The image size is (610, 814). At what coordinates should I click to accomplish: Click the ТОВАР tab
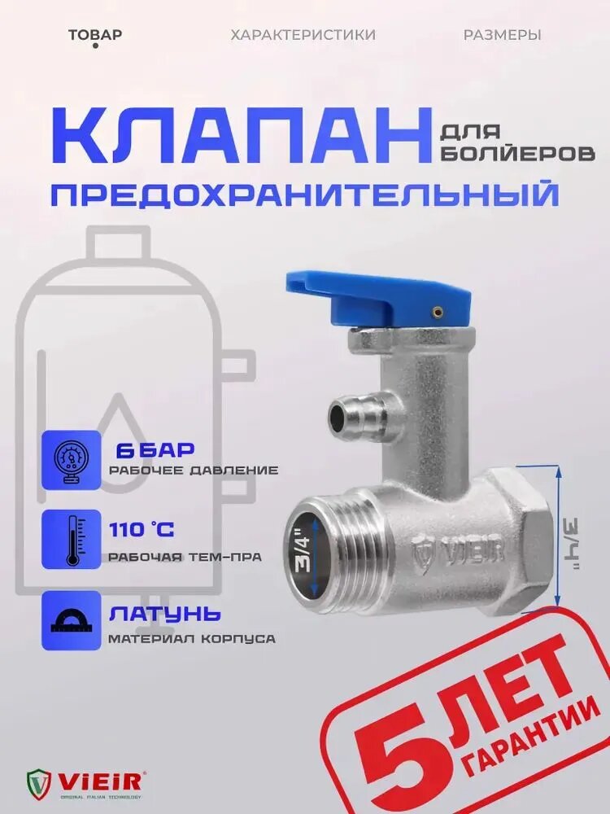click(95, 35)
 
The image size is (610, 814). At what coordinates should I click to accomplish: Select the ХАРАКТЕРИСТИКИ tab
click(303, 35)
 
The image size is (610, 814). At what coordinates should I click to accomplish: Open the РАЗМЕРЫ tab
click(502, 35)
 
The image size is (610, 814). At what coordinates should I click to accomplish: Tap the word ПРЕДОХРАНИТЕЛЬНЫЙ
click(304, 196)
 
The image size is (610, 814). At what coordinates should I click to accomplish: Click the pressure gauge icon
click(72, 459)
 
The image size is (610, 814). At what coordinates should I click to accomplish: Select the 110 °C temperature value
click(141, 530)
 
